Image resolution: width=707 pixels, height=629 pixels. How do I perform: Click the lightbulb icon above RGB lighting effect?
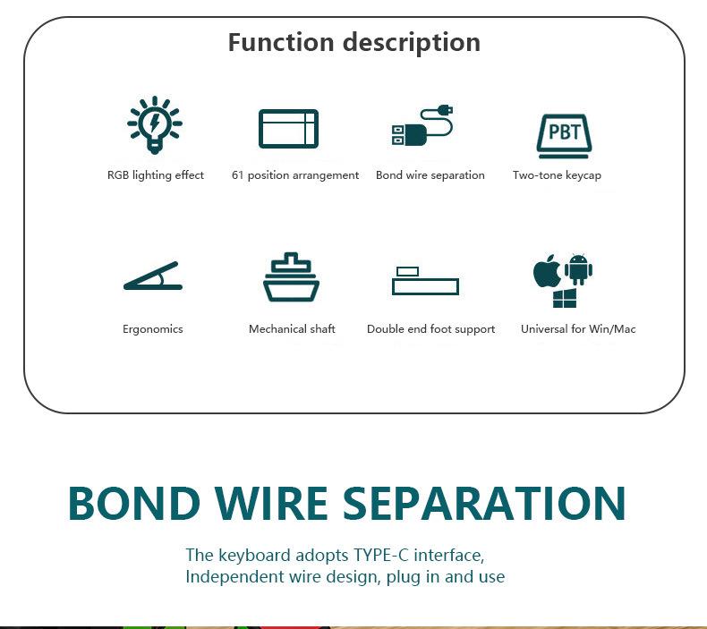point(155,124)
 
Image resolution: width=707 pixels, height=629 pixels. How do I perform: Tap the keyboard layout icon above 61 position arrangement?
point(288,129)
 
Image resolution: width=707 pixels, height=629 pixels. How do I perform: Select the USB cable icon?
point(422,125)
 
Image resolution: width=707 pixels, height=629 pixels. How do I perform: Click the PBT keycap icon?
point(565,136)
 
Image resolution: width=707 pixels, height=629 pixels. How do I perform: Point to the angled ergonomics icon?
point(152,276)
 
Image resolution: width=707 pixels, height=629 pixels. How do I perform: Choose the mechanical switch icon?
point(291,276)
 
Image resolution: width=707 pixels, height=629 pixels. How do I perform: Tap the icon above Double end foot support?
point(425,281)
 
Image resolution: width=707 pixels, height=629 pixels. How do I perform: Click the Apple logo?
point(547,271)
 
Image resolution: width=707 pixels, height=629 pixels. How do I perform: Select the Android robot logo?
point(578,269)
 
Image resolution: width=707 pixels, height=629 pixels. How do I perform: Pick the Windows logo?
point(565,299)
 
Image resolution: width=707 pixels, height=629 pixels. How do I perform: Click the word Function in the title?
point(281,42)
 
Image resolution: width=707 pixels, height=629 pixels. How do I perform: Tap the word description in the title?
point(412,43)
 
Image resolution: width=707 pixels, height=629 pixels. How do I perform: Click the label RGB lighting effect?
point(156,175)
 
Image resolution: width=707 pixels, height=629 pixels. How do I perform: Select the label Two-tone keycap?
point(557,175)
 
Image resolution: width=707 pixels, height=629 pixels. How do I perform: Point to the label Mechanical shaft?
point(292,328)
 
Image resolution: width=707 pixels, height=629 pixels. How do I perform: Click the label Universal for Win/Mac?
point(578,328)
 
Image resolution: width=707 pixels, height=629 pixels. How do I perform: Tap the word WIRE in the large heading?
point(271,503)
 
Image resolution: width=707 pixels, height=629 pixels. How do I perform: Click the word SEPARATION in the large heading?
point(484,503)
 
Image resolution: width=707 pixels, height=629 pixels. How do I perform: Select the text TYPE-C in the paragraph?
point(381,555)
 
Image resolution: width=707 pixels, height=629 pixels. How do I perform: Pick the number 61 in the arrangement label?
point(238,175)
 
